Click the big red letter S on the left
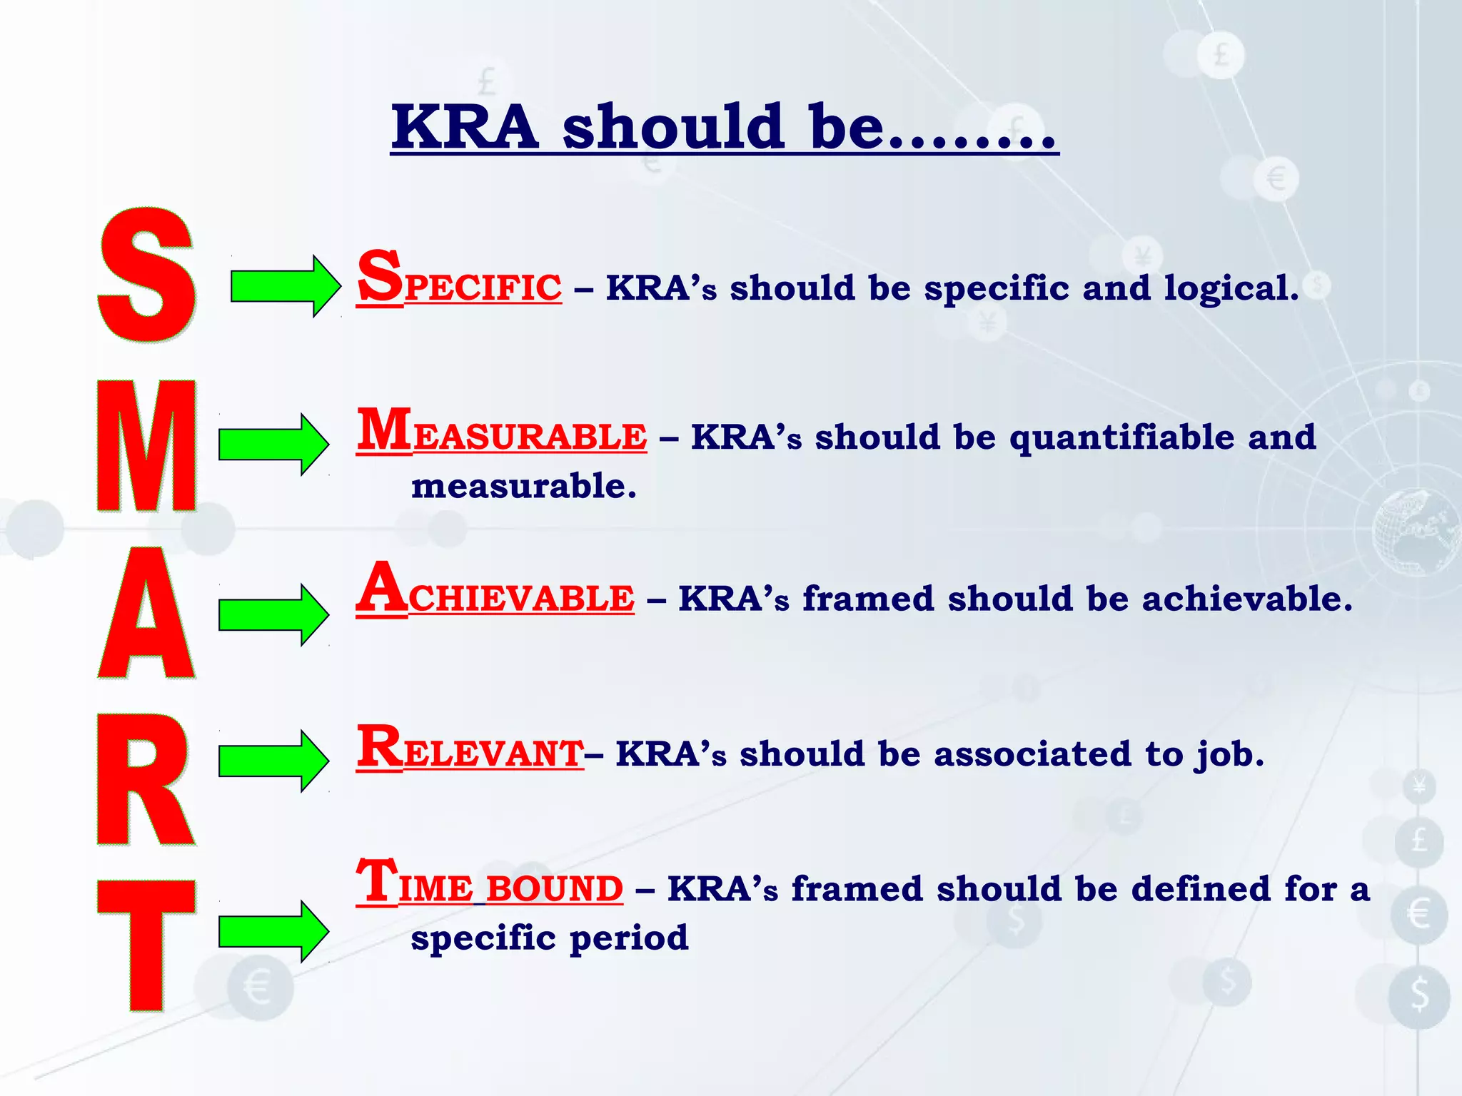[x=146, y=275]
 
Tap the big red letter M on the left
[x=146, y=446]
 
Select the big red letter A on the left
[x=146, y=614]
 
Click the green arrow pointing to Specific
[x=284, y=286]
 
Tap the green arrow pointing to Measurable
[x=273, y=445]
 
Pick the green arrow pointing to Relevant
[x=273, y=761]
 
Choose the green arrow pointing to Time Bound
[x=273, y=932]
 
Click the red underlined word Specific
[x=459, y=281]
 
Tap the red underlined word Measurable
[x=502, y=432]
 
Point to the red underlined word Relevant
[x=470, y=749]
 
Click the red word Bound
[x=555, y=889]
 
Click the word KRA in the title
[x=465, y=128]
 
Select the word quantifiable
[x=1121, y=438]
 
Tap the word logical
[x=1231, y=289]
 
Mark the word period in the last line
[x=629, y=938]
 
